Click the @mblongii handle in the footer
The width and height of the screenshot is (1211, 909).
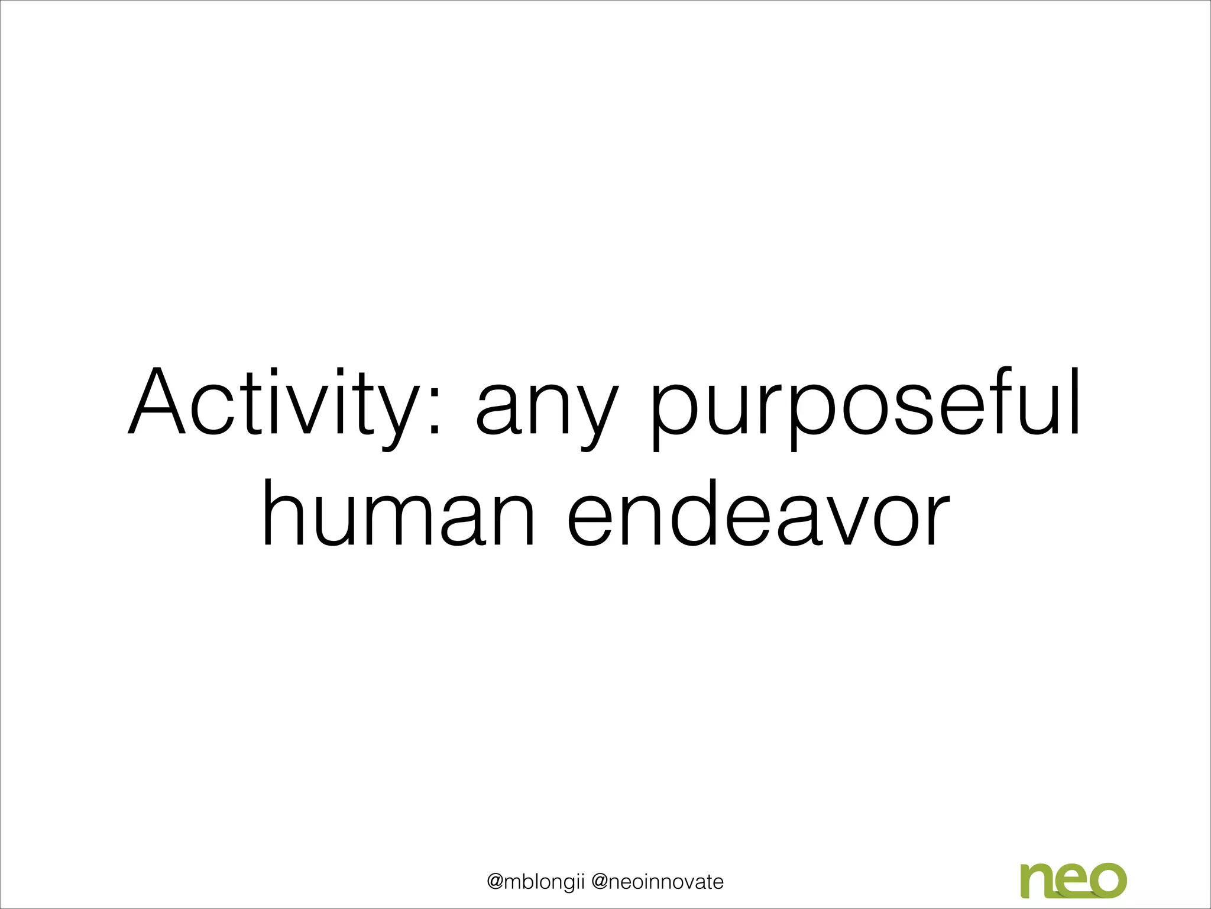click(535, 882)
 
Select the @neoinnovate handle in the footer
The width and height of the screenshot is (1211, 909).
click(658, 882)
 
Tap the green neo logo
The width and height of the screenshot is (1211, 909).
click(1073, 880)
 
